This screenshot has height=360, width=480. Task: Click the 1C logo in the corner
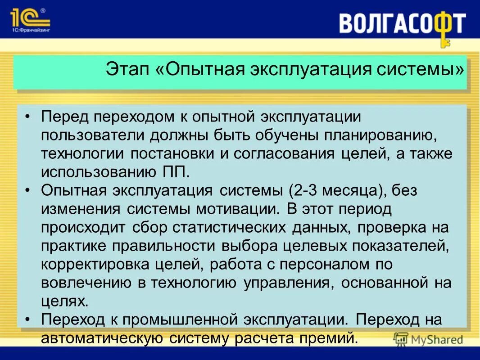29,18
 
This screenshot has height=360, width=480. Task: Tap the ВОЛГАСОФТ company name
402,23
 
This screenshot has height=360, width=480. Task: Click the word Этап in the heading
125,70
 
